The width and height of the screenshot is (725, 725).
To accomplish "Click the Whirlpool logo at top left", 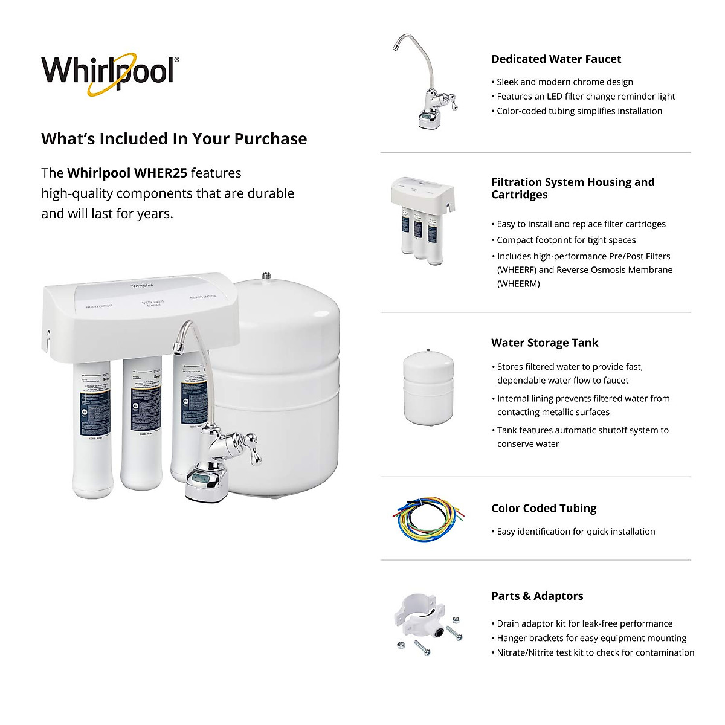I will pyautogui.click(x=109, y=72).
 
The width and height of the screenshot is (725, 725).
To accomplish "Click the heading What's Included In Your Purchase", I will pyautogui.click(x=174, y=139).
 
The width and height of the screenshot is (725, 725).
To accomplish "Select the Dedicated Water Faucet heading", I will pyautogui.click(x=556, y=59).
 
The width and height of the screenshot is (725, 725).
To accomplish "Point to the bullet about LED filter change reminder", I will pyautogui.click(x=585, y=97).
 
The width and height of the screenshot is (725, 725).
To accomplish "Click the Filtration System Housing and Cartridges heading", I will pyautogui.click(x=572, y=188).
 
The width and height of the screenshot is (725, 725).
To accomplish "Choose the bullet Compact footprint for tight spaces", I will pyautogui.click(x=565, y=240).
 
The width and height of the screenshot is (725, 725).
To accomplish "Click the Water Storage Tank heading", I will pyautogui.click(x=544, y=343).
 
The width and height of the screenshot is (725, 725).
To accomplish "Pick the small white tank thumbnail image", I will pyautogui.click(x=428, y=387).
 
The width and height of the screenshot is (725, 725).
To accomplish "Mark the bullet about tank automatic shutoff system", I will pyautogui.click(x=582, y=437).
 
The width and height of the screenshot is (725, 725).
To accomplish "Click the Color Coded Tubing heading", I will pyautogui.click(x=544, y=509).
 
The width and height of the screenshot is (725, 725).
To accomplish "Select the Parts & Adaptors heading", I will pyautogui.click(x=537, y=596).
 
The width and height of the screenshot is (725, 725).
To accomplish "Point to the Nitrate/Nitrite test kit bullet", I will pyautogui.click(x=595, y=652).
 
